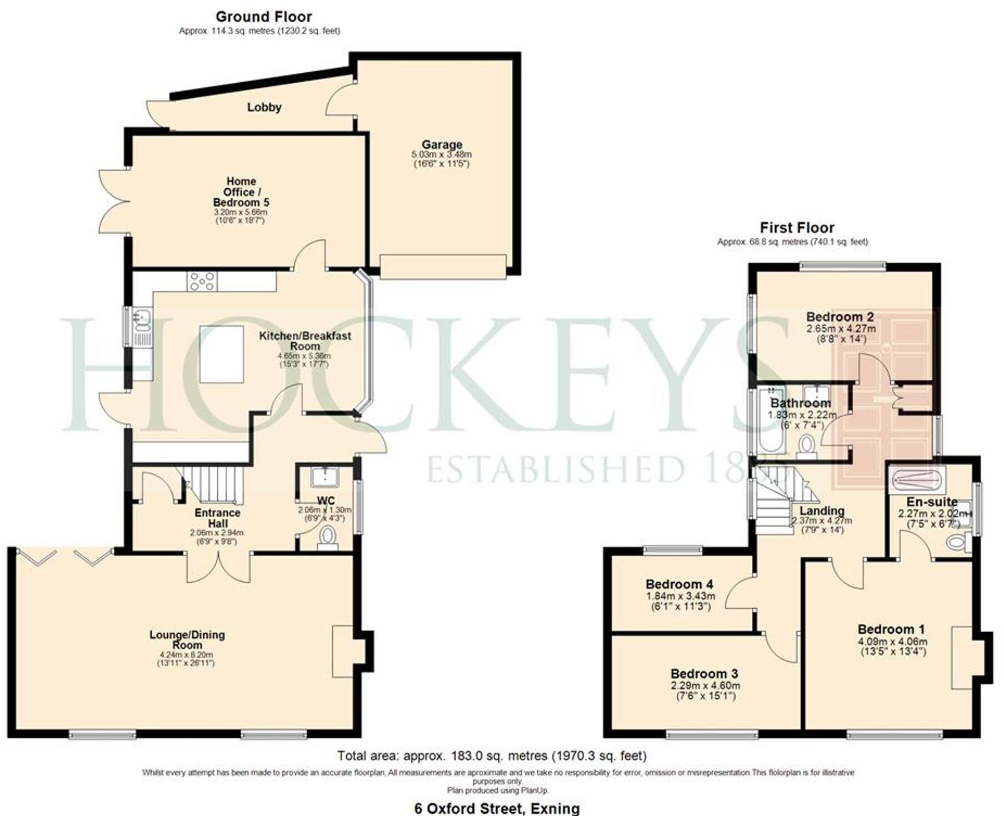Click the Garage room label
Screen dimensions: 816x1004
(442, 144)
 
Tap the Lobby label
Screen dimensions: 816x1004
(264, 107)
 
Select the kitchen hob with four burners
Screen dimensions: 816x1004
(202, 281)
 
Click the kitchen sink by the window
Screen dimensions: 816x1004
(141, 327)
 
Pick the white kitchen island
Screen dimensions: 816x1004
(222, 354)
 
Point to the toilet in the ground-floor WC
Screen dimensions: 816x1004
(328, 537)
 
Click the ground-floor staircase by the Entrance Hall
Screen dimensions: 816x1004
(214, 483)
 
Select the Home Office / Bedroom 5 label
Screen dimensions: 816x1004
(241, 192)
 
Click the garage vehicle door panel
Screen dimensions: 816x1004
(443, 267)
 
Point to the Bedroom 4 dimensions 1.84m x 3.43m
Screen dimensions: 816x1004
(680, 596)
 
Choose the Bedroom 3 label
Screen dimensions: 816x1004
(704, 674)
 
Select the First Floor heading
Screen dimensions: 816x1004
(797, 228)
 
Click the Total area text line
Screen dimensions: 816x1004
(492, 755)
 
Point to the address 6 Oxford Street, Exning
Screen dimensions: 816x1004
(497, 808)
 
